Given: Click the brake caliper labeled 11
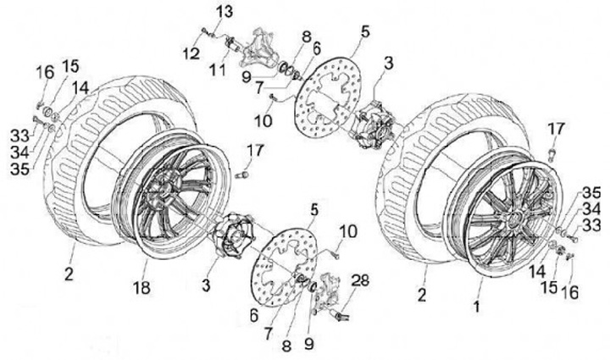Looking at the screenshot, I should (255, 49).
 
